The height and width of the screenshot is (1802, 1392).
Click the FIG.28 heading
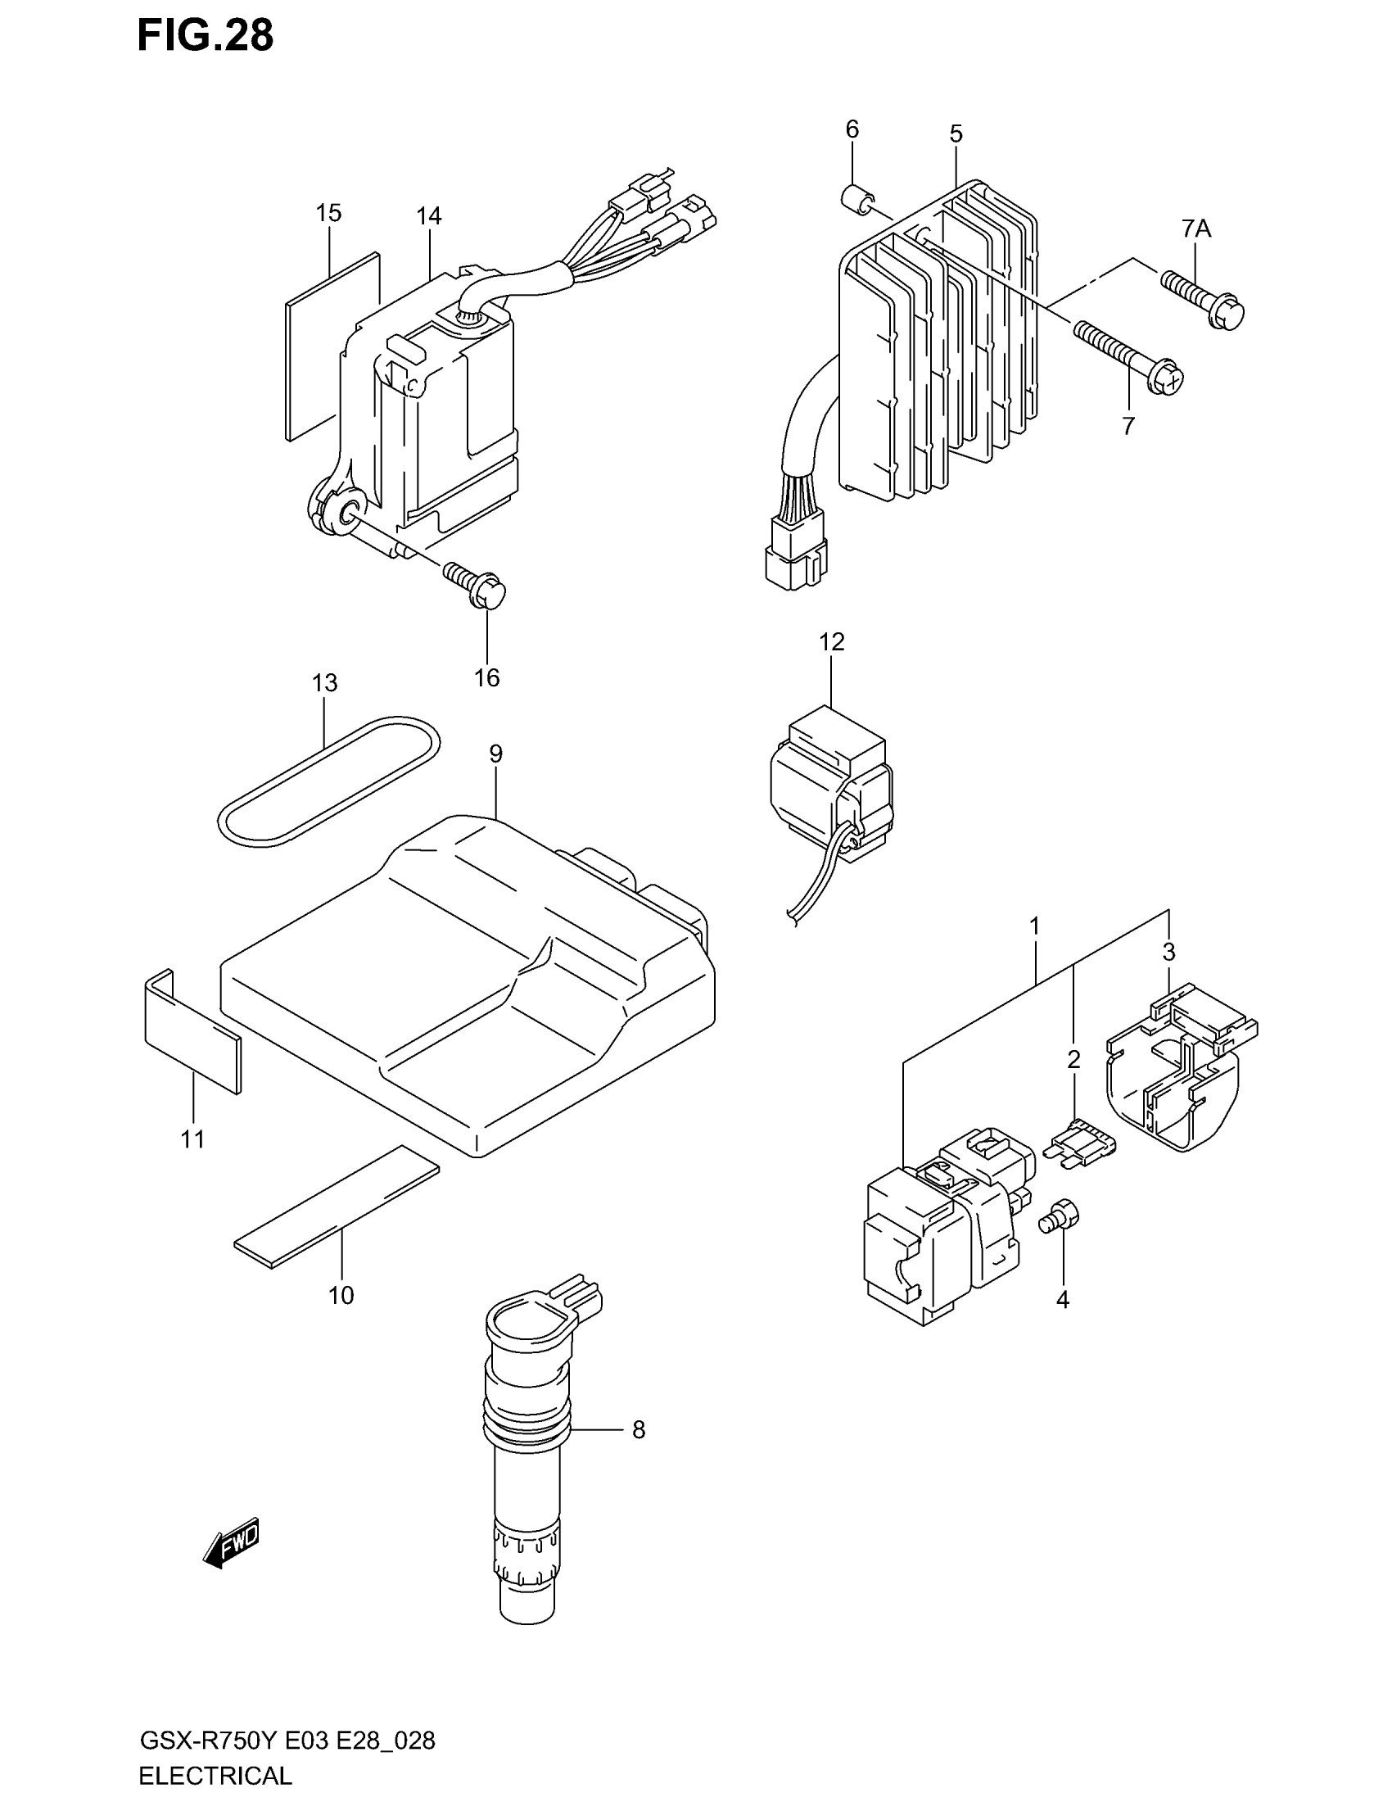coord(206,36)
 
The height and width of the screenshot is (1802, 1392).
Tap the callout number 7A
coord(1195,229)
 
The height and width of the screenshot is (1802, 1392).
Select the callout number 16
coord(486,677)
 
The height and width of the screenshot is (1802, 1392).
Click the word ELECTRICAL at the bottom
coord(215,1775)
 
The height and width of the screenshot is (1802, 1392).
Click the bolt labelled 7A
coord(1202,301)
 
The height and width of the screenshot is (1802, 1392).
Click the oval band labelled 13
coord(328,779)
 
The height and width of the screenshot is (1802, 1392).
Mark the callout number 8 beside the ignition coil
coord(639,1430)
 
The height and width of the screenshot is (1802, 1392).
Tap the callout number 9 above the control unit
coord(495,754)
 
